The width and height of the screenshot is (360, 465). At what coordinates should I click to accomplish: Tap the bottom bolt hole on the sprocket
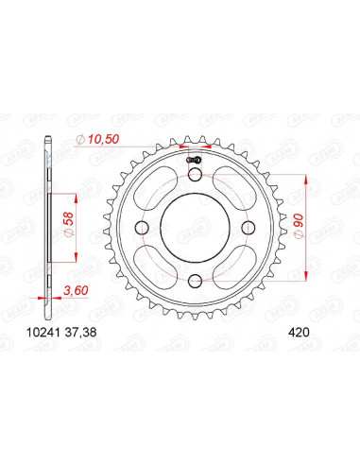click(x=193, y=280)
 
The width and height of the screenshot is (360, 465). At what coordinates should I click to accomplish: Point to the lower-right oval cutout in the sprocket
click(x=233, y=267)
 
